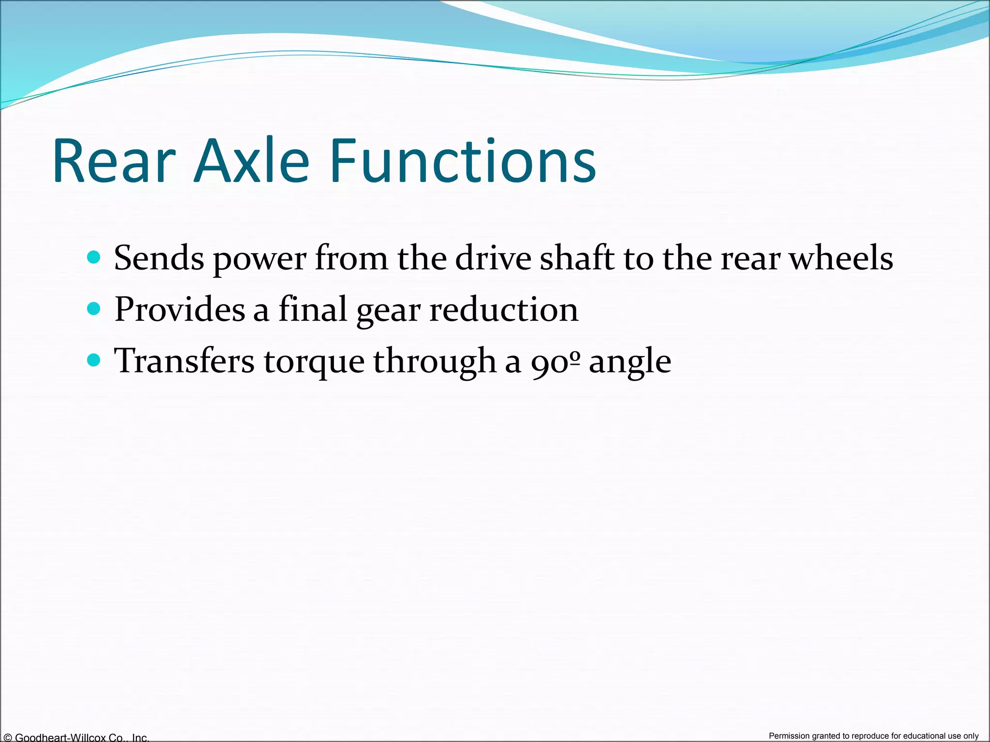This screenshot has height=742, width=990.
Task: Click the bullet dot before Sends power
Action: [x=94, y=257]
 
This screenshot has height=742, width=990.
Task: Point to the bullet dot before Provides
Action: [x=94, y=308]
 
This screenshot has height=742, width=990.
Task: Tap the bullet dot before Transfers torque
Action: [x=94, y=360]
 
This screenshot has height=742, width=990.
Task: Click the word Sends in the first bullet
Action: [x=159, y=258]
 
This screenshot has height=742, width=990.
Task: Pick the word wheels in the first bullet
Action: [x=841, y=258]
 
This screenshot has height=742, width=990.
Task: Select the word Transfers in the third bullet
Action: [x=184, y=361]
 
